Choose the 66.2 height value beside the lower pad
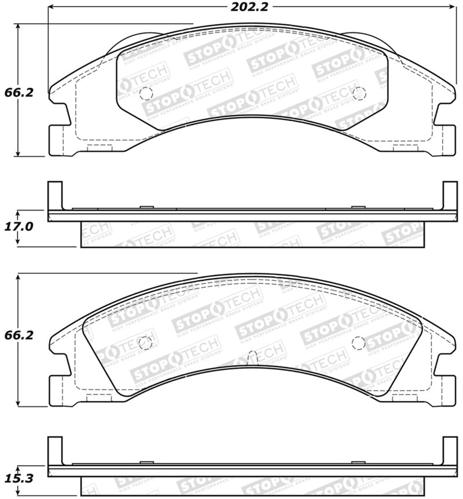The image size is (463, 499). pyautogui.click(x=17, y=334)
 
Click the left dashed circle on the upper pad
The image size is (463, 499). pyautogui.click(x=145, y=93)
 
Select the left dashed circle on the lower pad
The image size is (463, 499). pyautogui.click(x=145, y=342)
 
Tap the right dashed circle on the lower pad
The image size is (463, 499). pyautogui.click(x=359, y=342)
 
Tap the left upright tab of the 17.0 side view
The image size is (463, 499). pyautogui.click(x=54, y=196)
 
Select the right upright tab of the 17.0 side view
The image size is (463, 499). pyautogui.click(x=450, y=196)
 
